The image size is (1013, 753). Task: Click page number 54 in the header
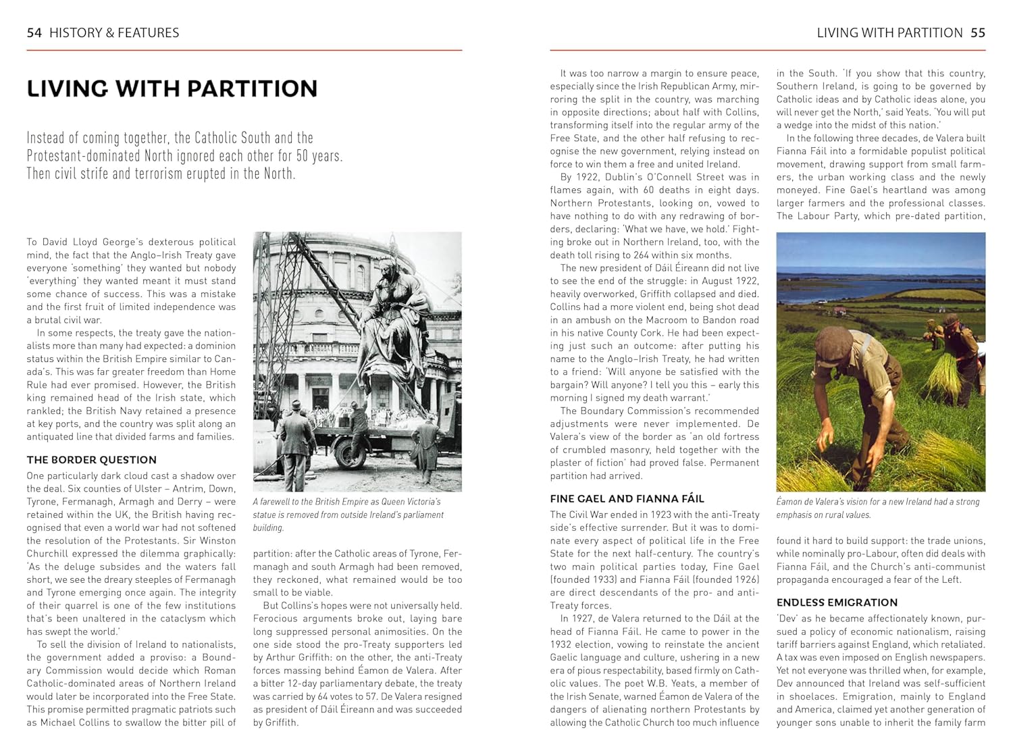(34, 32)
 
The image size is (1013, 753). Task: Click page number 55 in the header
(977, 32)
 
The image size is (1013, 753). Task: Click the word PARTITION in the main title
(251, 88)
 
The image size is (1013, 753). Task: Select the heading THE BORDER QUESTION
(92, 460)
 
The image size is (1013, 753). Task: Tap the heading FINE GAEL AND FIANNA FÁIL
(627, 498)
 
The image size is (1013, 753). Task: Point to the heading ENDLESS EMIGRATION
(837, 602)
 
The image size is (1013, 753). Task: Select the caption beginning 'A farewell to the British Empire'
(348, 515)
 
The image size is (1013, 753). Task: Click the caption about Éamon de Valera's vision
(877, 508)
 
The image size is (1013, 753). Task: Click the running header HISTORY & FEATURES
(114, 32)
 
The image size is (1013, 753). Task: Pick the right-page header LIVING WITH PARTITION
(889, 32)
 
